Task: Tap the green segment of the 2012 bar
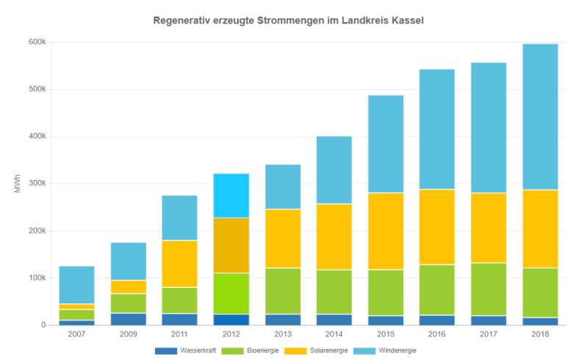[x=232, y=293]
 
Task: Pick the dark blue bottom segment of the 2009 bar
[x=129, y=319]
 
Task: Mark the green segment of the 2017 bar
[x=489, y=289]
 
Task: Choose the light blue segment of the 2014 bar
[x=334, y=170]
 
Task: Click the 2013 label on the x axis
[x=283, y=334]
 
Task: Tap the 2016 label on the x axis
[x=437, y=334]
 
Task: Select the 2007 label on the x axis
[x=77, y=334]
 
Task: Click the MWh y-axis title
[x=15, y=184]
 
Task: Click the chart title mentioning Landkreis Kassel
[x=288, y=20]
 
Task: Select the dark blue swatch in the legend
[x=166, y=350]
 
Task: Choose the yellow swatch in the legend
[x=294, y=350]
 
